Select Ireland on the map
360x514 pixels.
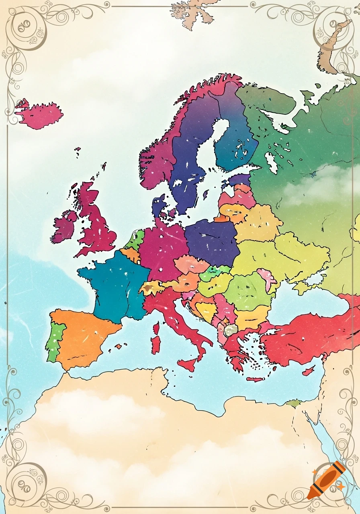(64, 227)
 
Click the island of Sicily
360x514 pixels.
(188, 364)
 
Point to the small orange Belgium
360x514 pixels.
(131, 254)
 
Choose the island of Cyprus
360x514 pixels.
(309, 371)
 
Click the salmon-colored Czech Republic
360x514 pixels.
(191, 265)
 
